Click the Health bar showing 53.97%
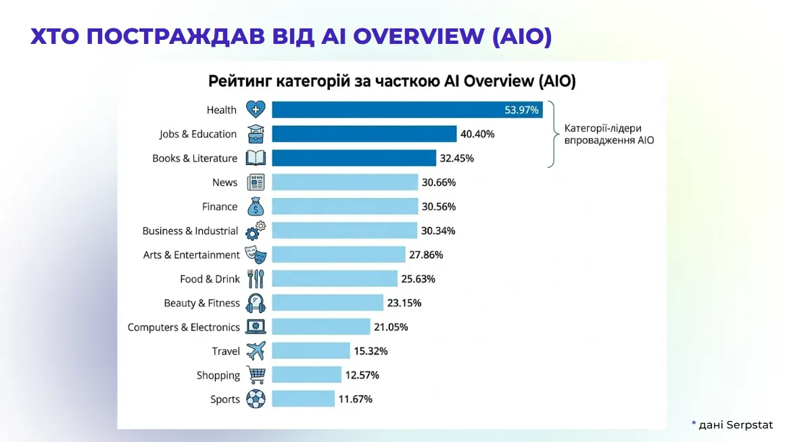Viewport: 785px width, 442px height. click(406, 109)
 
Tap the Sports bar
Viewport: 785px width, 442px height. click(303, 399)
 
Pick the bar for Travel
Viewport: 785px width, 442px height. click(310, 351)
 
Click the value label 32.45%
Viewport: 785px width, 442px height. click(457, 158)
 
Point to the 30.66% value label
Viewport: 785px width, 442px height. click(439, 182)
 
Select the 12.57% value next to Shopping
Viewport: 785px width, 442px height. click(362, 375)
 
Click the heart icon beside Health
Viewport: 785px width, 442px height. click(256, 109)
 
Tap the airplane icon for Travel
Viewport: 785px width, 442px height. click(256, 351)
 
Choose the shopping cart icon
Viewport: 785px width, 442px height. click(256, 375)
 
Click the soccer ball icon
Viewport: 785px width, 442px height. click(256, 399)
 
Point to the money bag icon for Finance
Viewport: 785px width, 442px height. click(256, 206)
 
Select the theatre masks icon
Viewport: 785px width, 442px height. click(256, 255)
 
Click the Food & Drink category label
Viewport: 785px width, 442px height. click(210, 279)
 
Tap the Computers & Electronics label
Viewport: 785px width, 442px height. click(183, 327)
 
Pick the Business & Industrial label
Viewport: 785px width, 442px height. click(190, 231)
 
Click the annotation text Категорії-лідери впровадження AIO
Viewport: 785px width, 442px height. click(603, 134)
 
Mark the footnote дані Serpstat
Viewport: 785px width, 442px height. click(736, 424)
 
